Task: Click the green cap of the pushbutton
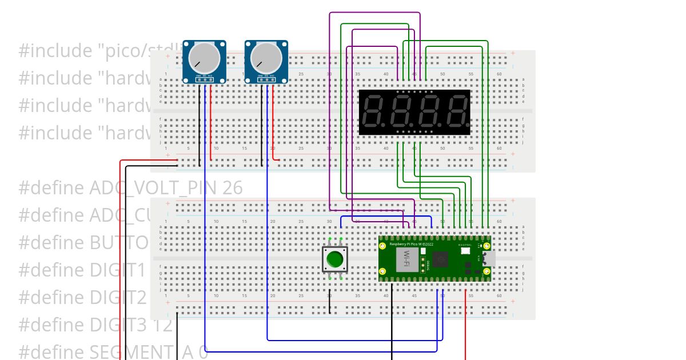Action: (x=334, y=261)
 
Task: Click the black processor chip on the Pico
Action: (x=440, y=261)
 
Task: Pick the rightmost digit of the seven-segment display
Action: (x=457, y=111)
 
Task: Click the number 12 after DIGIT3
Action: (x=162, y=325)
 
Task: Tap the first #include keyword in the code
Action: (x=53, y=51)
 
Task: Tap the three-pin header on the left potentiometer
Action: (x=204, y=79)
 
